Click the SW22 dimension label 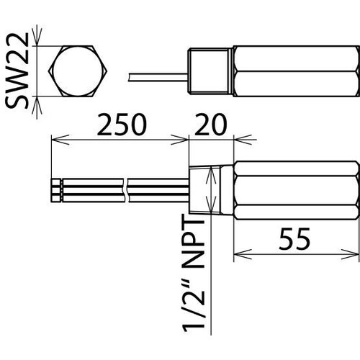click(17, 71)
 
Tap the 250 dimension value click(122, 125)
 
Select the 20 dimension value click(211, 125)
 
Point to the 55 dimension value click(294, 238)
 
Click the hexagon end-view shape click(78, 71)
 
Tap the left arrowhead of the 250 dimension click(60, 140)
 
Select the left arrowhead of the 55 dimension click(243, 254)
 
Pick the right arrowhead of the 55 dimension click(350, 254)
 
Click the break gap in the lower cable click(127, 190)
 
